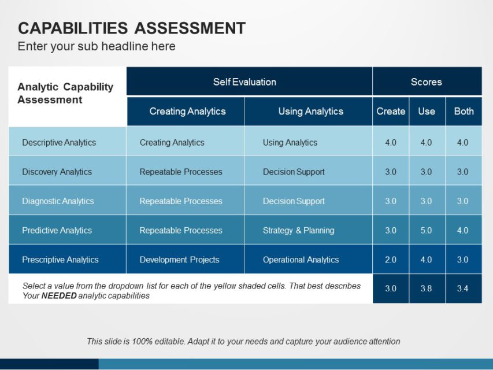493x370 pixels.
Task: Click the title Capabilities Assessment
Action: click(x=132, y=28)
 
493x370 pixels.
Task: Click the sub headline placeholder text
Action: click(x=97, y=46)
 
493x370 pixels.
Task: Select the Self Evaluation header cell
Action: click(x=244, y=82)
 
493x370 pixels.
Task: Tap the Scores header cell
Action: click(x=426, y=82)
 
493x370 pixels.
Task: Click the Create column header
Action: click(x=391, y=111)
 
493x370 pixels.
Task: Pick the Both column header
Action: click(x=464, y=111)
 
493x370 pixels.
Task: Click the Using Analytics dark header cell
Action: click(x=310, y=111)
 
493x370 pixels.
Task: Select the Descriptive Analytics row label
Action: click(x=59, y=142)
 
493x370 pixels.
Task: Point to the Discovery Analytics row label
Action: click(x=57, y=172)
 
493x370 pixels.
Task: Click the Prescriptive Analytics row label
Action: click(x=60, y=260)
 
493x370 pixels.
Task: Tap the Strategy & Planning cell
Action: click(x=298, y=230)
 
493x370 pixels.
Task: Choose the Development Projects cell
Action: click(x=179, y=260)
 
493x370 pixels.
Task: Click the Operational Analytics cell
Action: click(x=301, y=260)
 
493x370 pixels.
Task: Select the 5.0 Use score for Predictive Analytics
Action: click(x=426, y=230)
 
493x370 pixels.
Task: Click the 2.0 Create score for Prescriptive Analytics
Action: click(x=391, y=260)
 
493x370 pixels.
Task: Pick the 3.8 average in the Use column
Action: click(x=426, y=288)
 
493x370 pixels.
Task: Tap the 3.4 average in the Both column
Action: click(x=462, y=288)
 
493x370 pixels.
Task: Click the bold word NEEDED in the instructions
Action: click(x=58, y=296)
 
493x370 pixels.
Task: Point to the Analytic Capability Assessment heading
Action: click(x=65, y=93)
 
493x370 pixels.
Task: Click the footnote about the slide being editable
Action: click(x=243, y=341)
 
